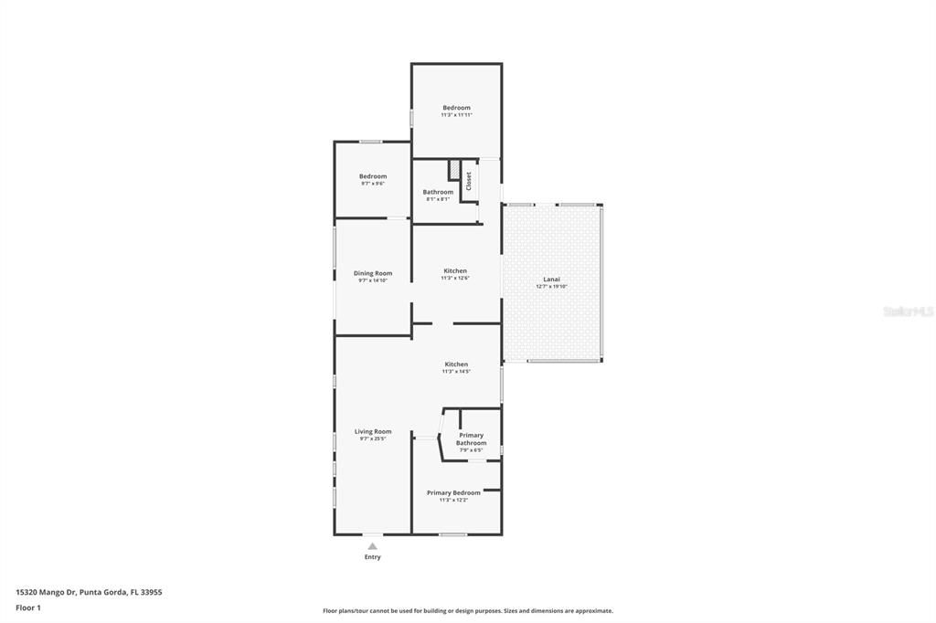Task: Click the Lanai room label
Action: point(551,280)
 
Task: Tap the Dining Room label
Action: point(373,273)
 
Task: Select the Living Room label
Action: point(373,431)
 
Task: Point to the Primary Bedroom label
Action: point(453,492)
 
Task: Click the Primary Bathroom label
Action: point(471,439)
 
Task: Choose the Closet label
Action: point(469,181)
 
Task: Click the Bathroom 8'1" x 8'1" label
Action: point(438,192)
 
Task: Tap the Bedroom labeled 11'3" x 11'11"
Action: point(456,108)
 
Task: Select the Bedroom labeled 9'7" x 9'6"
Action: point(373,176)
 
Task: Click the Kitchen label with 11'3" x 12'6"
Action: point(455,270)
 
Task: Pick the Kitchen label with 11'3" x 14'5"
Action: point(456,364)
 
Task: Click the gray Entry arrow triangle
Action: point(372,546)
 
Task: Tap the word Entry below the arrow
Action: point(373,557)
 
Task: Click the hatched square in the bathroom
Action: point(453,170)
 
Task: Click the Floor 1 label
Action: point(28,607)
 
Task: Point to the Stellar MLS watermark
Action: point(908,311)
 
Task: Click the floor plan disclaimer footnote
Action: point(467,611)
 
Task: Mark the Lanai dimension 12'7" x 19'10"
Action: point(551,287)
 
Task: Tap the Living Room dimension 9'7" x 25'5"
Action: point(373,439)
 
